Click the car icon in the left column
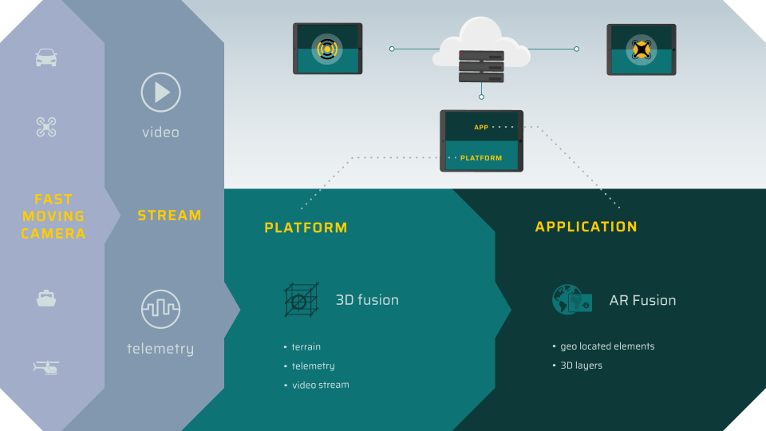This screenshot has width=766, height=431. point(46,57)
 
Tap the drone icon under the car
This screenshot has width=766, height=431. point(46,126)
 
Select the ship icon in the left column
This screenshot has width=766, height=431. point(46,299)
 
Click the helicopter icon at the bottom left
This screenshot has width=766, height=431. point(46,367)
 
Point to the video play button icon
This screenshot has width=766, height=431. point(160,93)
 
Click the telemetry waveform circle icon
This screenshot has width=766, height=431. point(160,309)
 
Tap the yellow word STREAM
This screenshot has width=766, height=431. point(169,215)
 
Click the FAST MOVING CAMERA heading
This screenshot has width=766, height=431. point(53,216)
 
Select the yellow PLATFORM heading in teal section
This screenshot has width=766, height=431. point(306,228)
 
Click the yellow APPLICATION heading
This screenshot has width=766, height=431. point(586,227)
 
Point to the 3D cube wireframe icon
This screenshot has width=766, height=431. point(302,301)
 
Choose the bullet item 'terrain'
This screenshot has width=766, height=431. point(306,347)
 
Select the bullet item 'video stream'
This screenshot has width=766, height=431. point(319,385)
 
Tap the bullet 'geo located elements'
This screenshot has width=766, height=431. point(606,346)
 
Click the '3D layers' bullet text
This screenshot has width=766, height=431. point(581,366)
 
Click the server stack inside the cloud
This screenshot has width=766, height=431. point(481,66)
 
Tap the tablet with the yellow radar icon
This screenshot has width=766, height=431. point(327,49)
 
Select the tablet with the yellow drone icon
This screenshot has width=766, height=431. point(641,49)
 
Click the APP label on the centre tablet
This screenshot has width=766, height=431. point(481,127)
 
